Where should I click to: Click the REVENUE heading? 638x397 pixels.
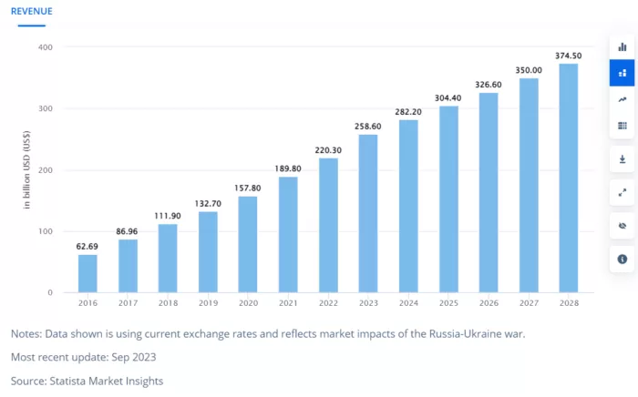click(x=31, y=11)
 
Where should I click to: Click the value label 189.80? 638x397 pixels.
click(x=288, y=168)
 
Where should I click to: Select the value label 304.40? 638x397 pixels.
click(x=448, y=97)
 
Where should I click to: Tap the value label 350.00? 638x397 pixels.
click(x=529, y=69)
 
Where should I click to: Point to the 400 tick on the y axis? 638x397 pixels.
click(x=45, y=47)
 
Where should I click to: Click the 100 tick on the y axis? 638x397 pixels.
click(x=45, y=231)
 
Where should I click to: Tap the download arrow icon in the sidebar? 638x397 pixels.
click(x=622, y=158)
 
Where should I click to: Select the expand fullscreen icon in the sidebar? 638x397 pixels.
click(x=622, y=192)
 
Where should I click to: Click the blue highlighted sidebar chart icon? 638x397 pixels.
click(x=622, y=73)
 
